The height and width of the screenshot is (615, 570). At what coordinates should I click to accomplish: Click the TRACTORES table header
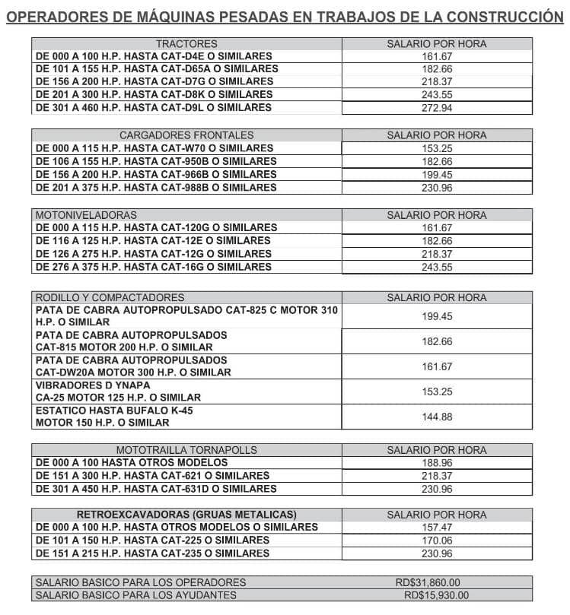pos(186,44)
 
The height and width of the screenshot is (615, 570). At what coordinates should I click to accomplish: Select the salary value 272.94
pos(437,108)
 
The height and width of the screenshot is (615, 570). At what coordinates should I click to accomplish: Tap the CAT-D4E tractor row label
pos(154,56)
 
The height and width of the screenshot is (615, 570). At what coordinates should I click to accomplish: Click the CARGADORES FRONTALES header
pos(186,135)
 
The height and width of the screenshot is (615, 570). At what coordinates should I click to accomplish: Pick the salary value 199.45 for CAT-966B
pos(437,174)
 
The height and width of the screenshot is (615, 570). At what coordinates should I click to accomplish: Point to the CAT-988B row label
pos(156,187)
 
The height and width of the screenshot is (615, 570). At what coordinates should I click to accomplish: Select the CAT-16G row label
pos(154,267)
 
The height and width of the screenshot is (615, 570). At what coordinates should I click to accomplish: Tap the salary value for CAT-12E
pos(437,240)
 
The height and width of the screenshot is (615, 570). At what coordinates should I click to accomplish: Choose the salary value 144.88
pos(437,417)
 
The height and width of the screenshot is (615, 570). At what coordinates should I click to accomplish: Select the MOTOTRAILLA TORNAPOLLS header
pos(186,450)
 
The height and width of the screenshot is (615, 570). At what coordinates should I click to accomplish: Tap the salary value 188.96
pos(437,462)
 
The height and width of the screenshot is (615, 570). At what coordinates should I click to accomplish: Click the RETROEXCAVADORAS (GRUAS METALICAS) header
pos(186,515)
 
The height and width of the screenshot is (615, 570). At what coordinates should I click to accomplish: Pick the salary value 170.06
pos(437,541)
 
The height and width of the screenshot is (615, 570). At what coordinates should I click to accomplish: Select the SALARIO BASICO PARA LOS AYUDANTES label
pos(136,595)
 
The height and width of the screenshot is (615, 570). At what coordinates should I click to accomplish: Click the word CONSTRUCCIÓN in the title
pos(500,17)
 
